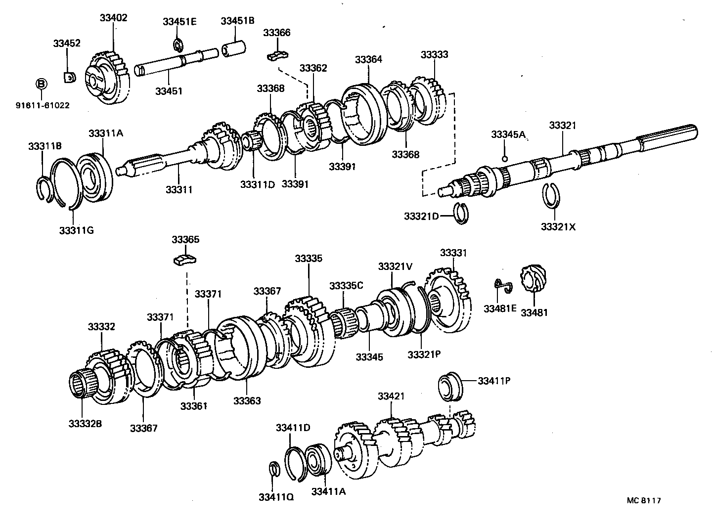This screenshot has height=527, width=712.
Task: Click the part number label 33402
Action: click(113, 18)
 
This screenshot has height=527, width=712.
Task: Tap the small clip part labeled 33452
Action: click(69, 77)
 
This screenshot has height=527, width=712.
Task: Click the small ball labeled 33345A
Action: click(504, 159)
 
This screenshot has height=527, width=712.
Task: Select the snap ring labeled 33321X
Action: click(551, 196)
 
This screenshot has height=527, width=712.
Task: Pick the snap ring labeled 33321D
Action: click(462, 213)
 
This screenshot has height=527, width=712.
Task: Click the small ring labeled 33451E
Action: click(178, 45)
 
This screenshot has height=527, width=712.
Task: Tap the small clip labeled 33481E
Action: click(503, 285)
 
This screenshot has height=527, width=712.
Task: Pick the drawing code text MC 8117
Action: click(644, 500)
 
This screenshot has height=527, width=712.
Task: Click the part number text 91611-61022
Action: click(42, 105)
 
